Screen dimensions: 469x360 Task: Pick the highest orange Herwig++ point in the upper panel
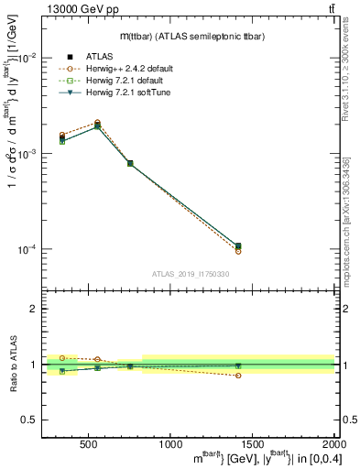pyautogui.click(x=97, y=122)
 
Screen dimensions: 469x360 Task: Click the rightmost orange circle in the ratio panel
pyautogui.click(x=238, y=376)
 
